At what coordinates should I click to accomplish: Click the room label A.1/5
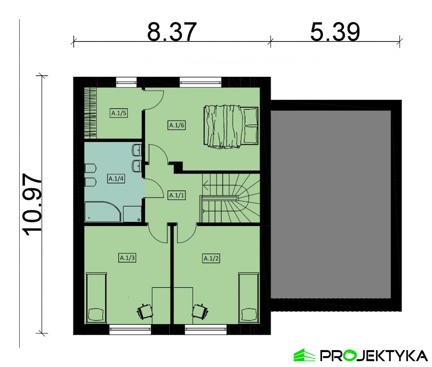click(119, 113)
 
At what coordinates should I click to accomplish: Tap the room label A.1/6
click(176, 125)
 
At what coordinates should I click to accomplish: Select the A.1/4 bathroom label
click(116, 179)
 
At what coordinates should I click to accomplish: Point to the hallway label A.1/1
click(176, 195)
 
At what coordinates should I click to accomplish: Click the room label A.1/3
click(127, 258)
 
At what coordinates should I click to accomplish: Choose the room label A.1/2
click(211, 259)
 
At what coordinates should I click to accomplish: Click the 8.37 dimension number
click(172, 32)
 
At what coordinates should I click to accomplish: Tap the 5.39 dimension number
click(335, 32)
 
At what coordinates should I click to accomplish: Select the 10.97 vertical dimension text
click(33, 204)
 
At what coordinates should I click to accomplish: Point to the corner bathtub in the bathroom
click(103, 212)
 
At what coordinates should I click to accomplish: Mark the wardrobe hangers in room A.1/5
click(90, 113)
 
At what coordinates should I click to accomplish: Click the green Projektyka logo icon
click(304, 355)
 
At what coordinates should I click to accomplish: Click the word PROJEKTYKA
click(374, 355)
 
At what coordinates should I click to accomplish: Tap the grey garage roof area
click(331, 204)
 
